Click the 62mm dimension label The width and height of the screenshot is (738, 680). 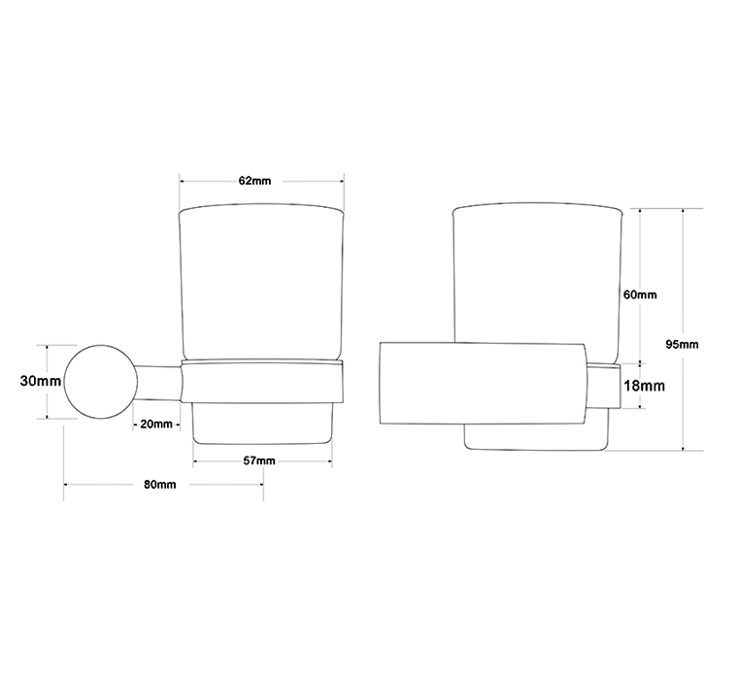254,181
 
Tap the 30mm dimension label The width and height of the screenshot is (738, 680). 41,381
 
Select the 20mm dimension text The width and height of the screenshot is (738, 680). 156,424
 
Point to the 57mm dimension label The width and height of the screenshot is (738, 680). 259,460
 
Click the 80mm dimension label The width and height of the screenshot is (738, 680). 160,484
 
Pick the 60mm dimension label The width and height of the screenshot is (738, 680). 640,294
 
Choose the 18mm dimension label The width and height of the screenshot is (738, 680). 645,387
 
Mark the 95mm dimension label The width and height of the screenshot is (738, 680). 682,344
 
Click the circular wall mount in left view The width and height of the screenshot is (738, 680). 100,382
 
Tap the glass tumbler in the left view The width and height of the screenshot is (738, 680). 261,283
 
